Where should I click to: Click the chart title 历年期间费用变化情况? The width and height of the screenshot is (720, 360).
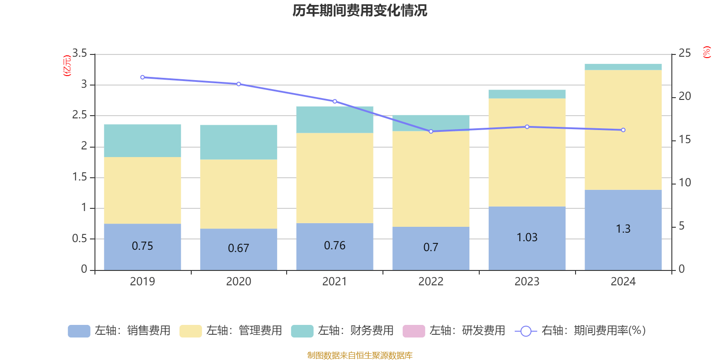click(360, 10)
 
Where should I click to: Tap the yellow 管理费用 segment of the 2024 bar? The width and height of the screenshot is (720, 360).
click(623, 130)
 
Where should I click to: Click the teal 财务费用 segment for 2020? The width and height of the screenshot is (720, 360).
click(238, 142)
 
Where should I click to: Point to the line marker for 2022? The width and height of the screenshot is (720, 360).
click(431, 131)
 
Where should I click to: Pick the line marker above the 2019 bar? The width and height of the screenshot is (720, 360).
click(143, 77)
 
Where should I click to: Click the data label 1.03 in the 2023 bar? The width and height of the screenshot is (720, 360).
click(526, 237)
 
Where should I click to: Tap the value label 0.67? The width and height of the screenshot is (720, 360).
click(238, 248)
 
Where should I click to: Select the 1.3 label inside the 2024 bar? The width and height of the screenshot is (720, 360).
click(623, 229)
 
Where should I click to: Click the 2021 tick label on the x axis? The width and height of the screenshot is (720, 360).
click(334, 281)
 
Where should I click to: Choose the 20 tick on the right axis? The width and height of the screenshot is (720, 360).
click(684, 96)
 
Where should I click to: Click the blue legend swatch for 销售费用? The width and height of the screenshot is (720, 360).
click(79, 331)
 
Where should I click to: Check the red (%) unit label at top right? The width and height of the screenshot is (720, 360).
click(706, 52)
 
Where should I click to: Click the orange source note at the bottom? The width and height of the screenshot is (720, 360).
click(360, 355)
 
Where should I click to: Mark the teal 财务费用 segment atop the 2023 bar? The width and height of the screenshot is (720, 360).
click(526, 94)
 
